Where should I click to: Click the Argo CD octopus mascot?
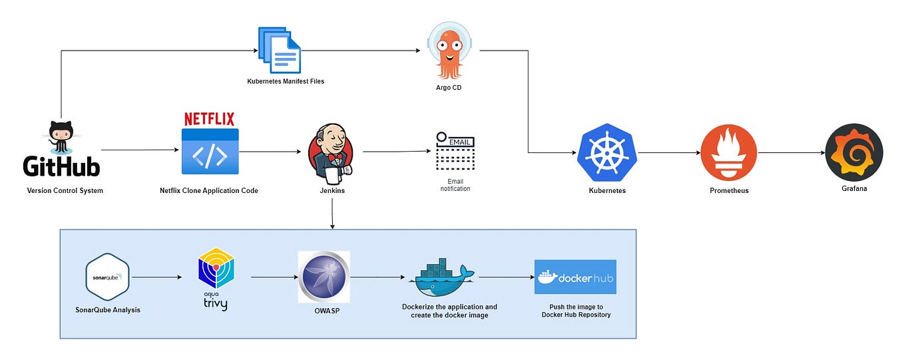point(449,51)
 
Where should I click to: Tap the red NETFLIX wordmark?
point(209,119)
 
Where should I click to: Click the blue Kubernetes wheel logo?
point(607,152)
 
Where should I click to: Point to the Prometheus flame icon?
point(729,152)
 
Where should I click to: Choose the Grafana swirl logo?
point(854,152)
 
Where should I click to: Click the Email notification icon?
point(455,151)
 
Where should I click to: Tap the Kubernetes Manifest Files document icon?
point(280,50)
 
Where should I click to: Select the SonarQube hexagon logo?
point(107,277)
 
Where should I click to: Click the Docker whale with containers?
point(441,277)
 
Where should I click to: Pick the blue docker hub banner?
point(575,277)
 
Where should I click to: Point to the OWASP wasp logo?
point(324,277)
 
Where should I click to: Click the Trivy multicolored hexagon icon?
point(216,268)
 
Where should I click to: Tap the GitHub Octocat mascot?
point(61,138)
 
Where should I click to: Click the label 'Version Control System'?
point(65,190)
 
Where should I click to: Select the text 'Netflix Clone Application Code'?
point(209,190)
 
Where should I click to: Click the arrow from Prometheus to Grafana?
point(791,152)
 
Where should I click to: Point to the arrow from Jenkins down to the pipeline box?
point(332,214)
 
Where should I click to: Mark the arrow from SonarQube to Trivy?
point(157,277)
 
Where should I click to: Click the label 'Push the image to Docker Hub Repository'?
point(576,311)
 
